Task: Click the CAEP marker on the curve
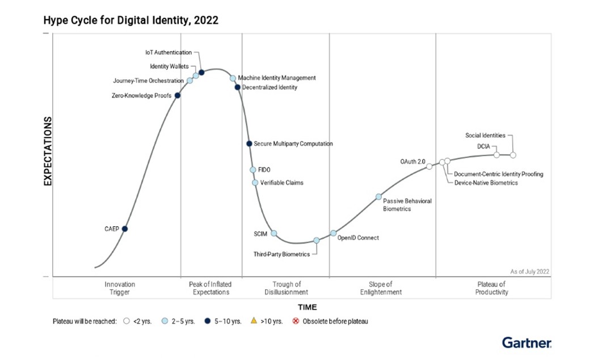(x=125, y=228)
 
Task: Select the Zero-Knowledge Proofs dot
(x=178, y=95)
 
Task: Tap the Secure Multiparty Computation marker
(x=249, y=143)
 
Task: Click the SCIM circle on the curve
(x=273, y=233)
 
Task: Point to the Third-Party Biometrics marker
(x=317, y=240)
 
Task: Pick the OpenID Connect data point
(x=334, y=233)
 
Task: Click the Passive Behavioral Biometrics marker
(x=378, y=197)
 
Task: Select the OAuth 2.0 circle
(x=429, y=166)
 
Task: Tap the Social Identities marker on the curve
(x=513, y=155)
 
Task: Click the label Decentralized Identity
(x=269, y=87)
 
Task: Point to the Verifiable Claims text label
(x=281, y=183)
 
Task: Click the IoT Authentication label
(x=169, y=52)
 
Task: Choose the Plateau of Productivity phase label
(x=492, y=288)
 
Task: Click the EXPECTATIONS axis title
(x=48, y=151)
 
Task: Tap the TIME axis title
(x=308, y=307)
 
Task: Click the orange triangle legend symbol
(x=254, y=321)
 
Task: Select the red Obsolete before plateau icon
(x=295, y=321)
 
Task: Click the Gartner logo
(x=526, y=342)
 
